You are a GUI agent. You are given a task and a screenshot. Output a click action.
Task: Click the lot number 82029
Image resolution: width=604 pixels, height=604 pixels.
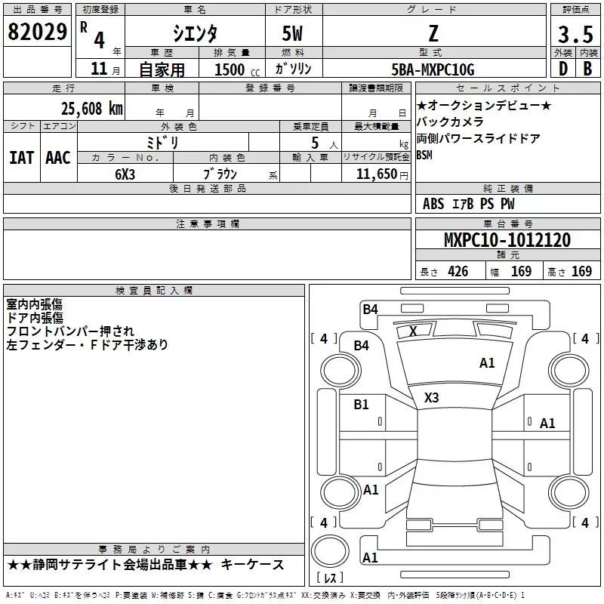(36, 32)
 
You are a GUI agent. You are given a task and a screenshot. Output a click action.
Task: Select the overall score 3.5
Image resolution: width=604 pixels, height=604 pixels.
(575, 34)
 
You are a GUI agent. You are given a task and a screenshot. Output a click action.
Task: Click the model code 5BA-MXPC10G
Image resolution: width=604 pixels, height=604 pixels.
(433, 69)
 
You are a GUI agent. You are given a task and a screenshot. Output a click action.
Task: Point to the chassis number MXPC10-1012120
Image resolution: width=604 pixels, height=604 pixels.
(507, 240)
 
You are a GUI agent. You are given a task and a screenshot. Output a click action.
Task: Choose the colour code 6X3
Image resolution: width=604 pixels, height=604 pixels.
(125, 173)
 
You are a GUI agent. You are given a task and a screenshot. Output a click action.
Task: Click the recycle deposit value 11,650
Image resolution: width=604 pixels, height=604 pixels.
(371, 173)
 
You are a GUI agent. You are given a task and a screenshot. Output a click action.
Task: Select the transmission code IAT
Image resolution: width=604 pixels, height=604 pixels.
(22, 157)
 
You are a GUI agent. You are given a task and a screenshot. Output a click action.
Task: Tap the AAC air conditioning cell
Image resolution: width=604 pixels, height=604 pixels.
(57, 157)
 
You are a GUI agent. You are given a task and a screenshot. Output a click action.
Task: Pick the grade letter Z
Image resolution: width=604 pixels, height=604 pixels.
(433, 33)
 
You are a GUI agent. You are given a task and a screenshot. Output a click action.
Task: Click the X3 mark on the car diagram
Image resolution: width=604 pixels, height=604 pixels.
(432, 397)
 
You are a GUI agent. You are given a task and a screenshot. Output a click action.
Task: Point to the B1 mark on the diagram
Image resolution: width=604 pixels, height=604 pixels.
(362, 405)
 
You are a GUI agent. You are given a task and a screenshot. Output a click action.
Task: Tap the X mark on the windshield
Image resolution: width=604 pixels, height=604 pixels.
(413, 331)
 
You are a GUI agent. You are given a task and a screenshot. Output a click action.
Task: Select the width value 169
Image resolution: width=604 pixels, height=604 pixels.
(522, 271)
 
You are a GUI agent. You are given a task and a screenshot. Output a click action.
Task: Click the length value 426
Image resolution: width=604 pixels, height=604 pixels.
(457, 271)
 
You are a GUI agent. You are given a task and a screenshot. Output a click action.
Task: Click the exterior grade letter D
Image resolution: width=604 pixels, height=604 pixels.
(562, 69)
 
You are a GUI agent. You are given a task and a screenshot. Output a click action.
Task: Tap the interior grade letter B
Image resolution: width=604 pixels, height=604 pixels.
(587, 69)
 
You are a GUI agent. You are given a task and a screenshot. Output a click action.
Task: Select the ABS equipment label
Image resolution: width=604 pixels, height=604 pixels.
(433, 204)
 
